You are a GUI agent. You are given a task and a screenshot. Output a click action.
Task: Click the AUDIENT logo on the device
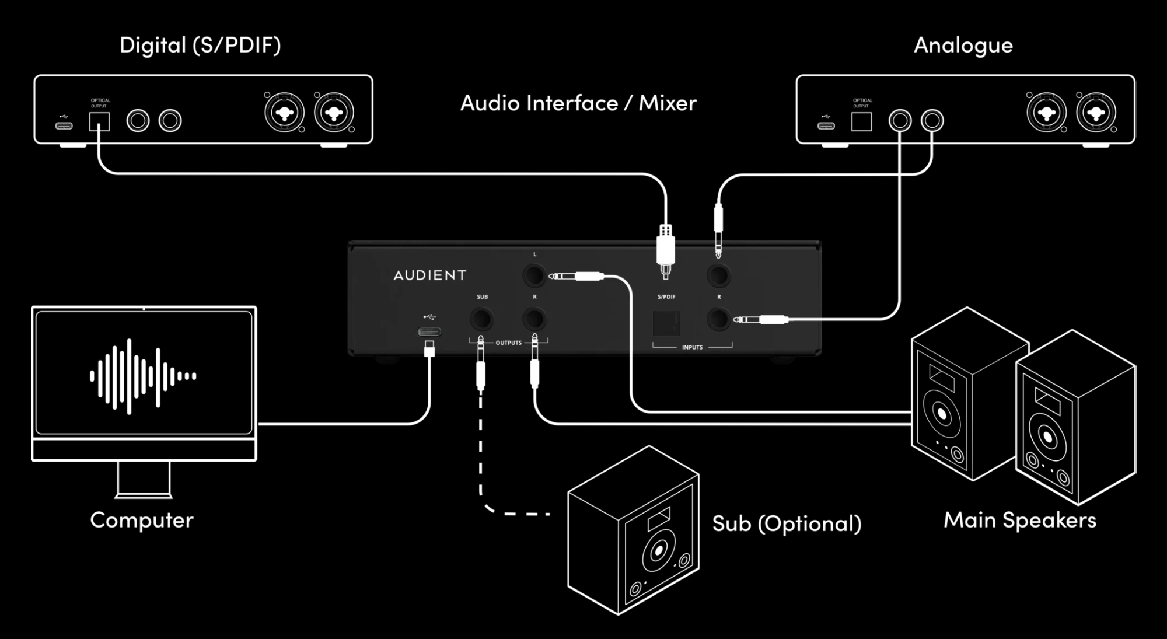click(430, 275)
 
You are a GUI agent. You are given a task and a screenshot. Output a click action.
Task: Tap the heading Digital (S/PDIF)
click(200, 46)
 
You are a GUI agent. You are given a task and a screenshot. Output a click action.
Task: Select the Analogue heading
click(963, 46)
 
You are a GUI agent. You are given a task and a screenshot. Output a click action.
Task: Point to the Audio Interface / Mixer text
click(578, 103)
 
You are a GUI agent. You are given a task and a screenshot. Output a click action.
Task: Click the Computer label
click(142, 520)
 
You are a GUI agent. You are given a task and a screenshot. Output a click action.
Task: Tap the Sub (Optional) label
click(787, 523)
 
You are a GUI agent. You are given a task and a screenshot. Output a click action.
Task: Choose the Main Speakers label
click(1020, 520)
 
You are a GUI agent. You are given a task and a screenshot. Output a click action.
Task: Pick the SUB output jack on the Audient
click(481, 319)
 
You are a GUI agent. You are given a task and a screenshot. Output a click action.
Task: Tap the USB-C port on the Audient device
click(429, 332)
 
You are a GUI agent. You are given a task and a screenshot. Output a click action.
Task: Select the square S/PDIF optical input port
click(666, 323)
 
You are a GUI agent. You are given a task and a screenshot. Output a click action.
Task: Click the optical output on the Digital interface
click(99, 121)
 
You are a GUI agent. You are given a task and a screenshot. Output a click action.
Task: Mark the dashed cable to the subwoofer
click(481, 455)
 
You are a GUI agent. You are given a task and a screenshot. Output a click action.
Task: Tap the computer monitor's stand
click(144, 480)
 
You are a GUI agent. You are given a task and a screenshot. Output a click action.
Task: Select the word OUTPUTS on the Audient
click(508, 343)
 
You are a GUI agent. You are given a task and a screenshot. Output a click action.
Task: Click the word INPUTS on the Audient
click(692, 348)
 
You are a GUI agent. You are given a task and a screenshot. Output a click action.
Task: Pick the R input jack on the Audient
click(718, 319)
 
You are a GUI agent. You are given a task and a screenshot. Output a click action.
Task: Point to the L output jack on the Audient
click(534, 275)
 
